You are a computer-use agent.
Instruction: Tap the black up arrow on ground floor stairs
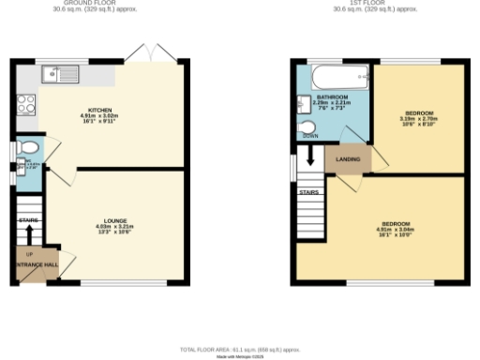pyautogui.click(x=29, y=234)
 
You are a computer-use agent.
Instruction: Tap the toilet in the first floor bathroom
pyautogui.click(x=308, y=128)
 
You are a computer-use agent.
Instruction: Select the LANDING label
pyautogui.click(x=346, y=159)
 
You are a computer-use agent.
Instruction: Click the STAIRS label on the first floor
pyautogui.click(x=309, y=192)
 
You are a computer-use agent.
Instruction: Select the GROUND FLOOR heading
pyautogui.click(x=97, y=4)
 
